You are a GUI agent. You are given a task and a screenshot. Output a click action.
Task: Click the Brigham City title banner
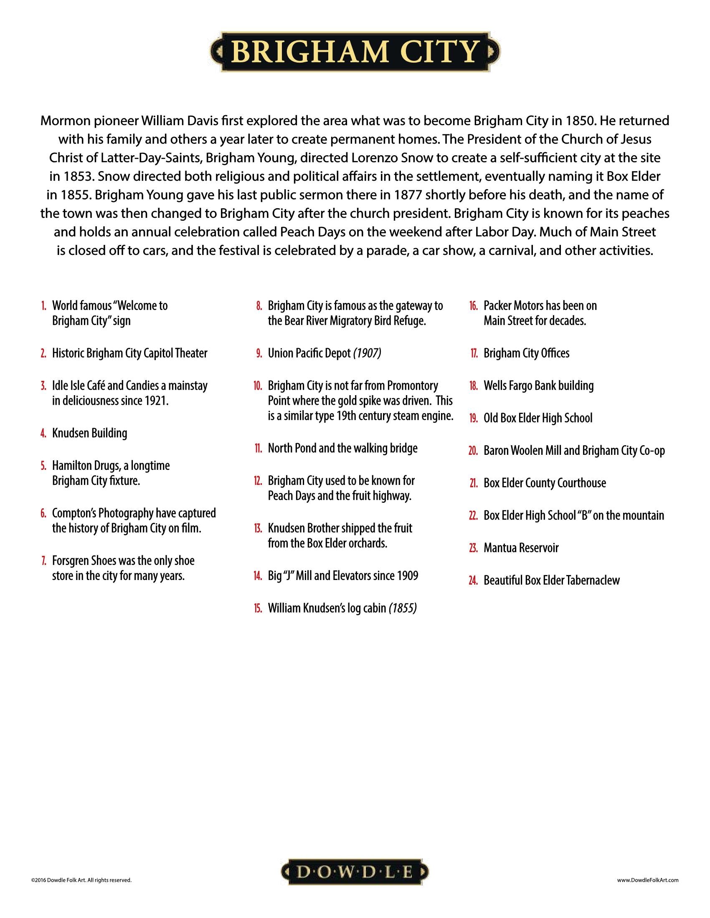click(x=355, y=51)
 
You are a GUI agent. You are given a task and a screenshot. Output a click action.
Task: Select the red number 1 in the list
click(x=44, y=306)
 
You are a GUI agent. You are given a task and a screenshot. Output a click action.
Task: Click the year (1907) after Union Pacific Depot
click(x=367, y=353)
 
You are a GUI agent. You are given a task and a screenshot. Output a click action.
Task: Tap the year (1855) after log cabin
click(x=403, y=608)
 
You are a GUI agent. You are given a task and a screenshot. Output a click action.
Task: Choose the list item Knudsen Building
click(x=89, y=434)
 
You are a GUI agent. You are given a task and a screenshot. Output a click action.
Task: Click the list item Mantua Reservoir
click(x=521, y=548)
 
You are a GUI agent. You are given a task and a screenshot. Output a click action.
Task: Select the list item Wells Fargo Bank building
click(x=538, y=386)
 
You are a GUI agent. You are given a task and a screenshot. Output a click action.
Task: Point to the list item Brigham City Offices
click(x=526, y=353)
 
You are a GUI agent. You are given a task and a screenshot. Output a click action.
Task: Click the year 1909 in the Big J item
click(x=407, y=576)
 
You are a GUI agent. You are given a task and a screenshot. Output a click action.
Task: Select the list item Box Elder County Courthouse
click(x=545, y=483)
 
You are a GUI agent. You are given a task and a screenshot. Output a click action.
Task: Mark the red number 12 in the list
click(x=258, y=481)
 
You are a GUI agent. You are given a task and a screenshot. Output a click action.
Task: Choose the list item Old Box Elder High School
click(x=538, y=418)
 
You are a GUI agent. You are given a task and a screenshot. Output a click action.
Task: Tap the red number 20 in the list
click(x=473, y=451)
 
